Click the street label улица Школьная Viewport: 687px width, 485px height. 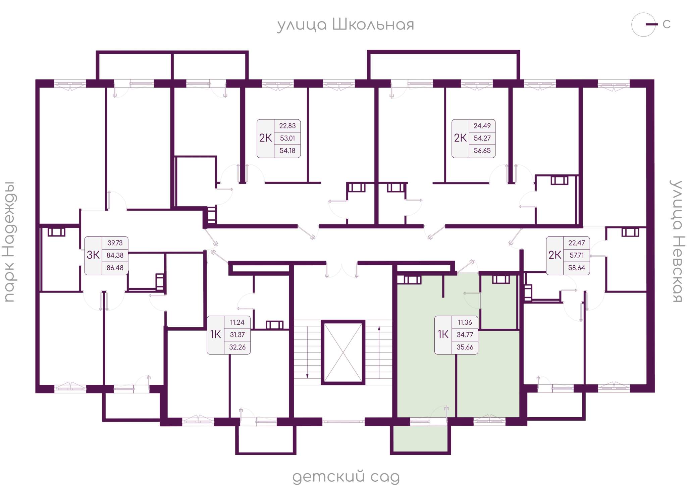click(x=346, y=25)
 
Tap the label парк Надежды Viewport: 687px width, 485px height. click(x=10, y=242)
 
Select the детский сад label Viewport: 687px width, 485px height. click(x=346, y=477)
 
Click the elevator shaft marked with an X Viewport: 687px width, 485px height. click(x=343, y=352)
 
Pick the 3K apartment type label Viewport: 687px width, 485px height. click(x=93, y=255)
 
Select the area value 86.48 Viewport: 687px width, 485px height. click(x=115, y=268)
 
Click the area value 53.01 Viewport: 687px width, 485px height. click(x=287, y=138)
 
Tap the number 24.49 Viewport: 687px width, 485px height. click(x=482, y=126)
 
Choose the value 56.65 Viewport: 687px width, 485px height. click(x=482, y=151)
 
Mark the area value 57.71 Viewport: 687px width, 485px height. click(x=577, y=255)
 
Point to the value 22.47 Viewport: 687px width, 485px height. click(x=577, y=243)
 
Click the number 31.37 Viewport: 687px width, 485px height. click(x=237, y=335)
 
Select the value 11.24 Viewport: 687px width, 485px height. click(x=237, y=322)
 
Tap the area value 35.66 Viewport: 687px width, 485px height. click(x=465, y=347)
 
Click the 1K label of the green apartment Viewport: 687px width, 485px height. click(x=443, y=334)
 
